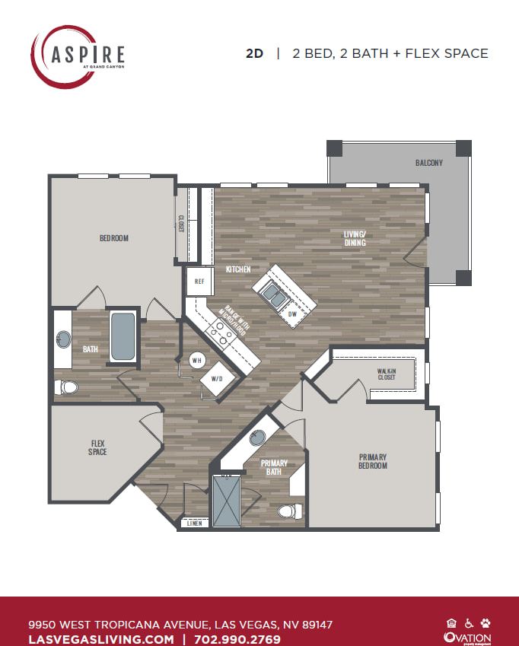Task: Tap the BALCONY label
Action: pyautogui.click(x=428, y=163)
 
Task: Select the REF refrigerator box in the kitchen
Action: pyautogui.click(x=199, y=281)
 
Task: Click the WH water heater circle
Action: pyautogui.click(x=196, y=359)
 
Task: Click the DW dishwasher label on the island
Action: pyautogui.click(x=292, y=313)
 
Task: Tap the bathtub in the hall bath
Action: pyautogui.click(x=123, y=337)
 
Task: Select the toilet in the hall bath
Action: pyautogui.click(x=67, y=387)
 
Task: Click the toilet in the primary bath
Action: pyautogui.click(x=288, y=511)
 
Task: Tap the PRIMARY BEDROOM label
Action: pyautogui.click(x=373, y=461)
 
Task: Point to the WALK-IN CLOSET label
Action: pyautogui.click(x=387, y=374)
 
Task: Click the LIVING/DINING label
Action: pyautogui.click(x=354, y=239)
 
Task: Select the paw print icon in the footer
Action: pyautogui.click(x=486, y=622)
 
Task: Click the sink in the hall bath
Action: pyautogui.click(x=63, y=338)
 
